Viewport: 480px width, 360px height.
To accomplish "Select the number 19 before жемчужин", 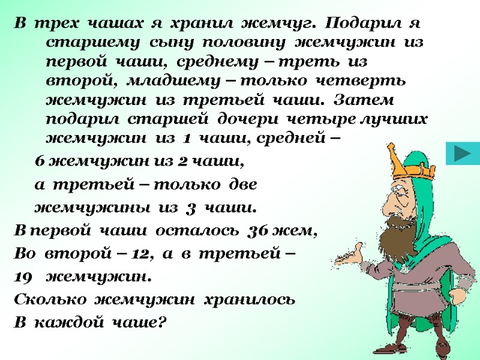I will click(x=22, y=277).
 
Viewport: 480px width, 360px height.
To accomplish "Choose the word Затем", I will click(x=369, y=99).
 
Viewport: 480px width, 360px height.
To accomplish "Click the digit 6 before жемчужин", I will click(x=40, y=161).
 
